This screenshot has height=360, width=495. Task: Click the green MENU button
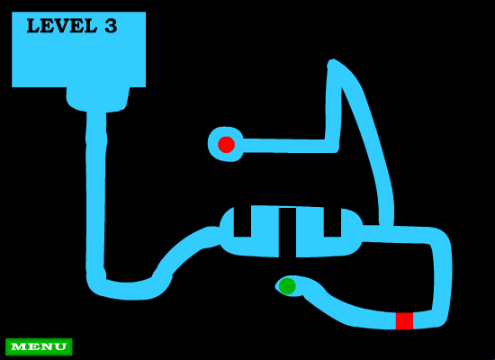coord(39,346)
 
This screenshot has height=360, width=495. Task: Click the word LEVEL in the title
coord(61,26)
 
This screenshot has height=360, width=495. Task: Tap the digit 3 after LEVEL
coord(111,26)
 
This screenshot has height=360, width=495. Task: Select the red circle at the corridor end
coord(226,145)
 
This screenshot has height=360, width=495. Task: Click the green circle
coord(287,286)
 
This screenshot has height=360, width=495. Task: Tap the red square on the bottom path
coord(404,320)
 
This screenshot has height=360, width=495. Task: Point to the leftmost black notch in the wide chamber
coord(242,221)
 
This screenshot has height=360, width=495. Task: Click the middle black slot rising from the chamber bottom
coord(288,233)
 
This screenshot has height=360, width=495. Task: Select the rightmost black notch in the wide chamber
coord(332,222)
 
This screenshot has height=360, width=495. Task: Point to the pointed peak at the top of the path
coord(332,60)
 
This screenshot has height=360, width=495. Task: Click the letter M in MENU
coord(17,346)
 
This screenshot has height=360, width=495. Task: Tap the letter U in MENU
coord(60,346)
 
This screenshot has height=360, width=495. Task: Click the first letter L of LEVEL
coord(33,26)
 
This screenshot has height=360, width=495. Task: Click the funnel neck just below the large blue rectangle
coord(97,99)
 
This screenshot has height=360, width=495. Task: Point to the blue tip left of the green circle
coord(277,286)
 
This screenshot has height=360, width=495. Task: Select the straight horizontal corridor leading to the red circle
coord(284,146)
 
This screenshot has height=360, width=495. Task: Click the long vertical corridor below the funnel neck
coord(96,190)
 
